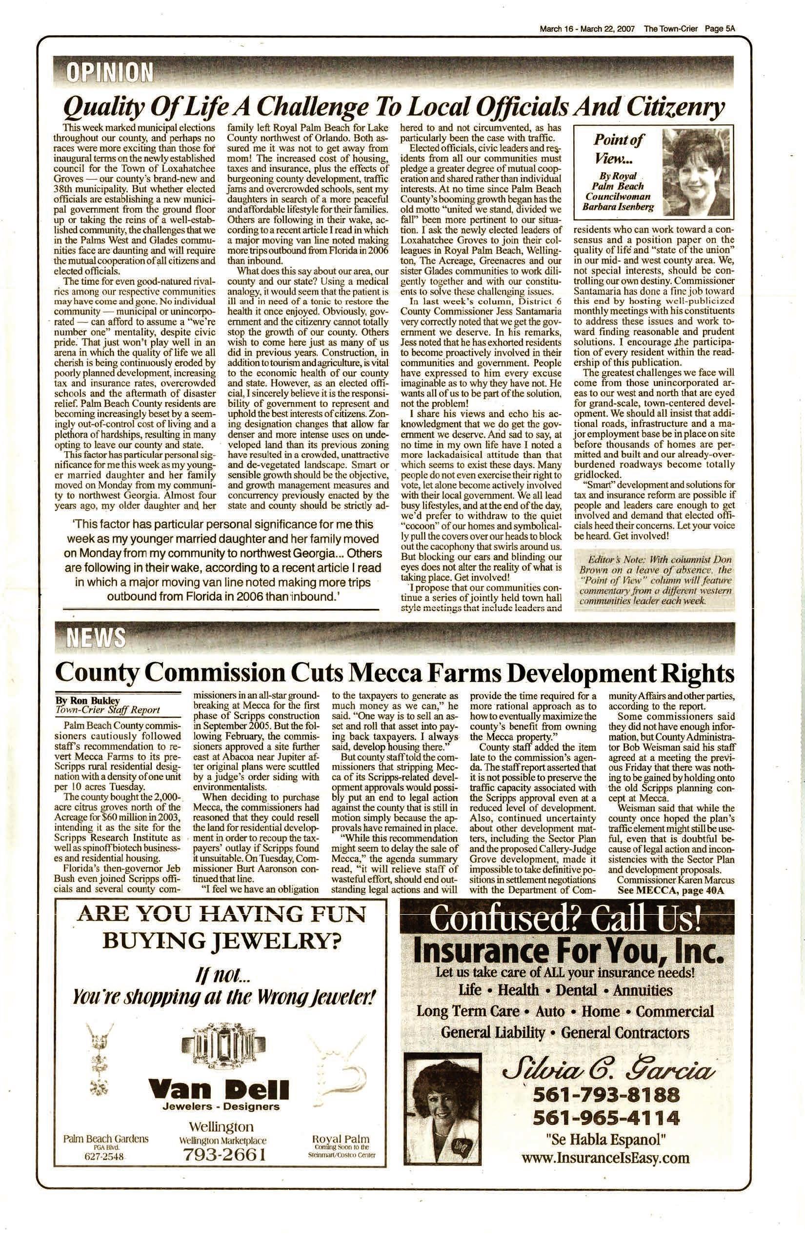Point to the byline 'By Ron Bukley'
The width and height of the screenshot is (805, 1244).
(88, 701)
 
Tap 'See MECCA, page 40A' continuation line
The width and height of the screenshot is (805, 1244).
(671, 891)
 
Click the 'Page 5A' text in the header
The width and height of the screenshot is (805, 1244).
(720, 29)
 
